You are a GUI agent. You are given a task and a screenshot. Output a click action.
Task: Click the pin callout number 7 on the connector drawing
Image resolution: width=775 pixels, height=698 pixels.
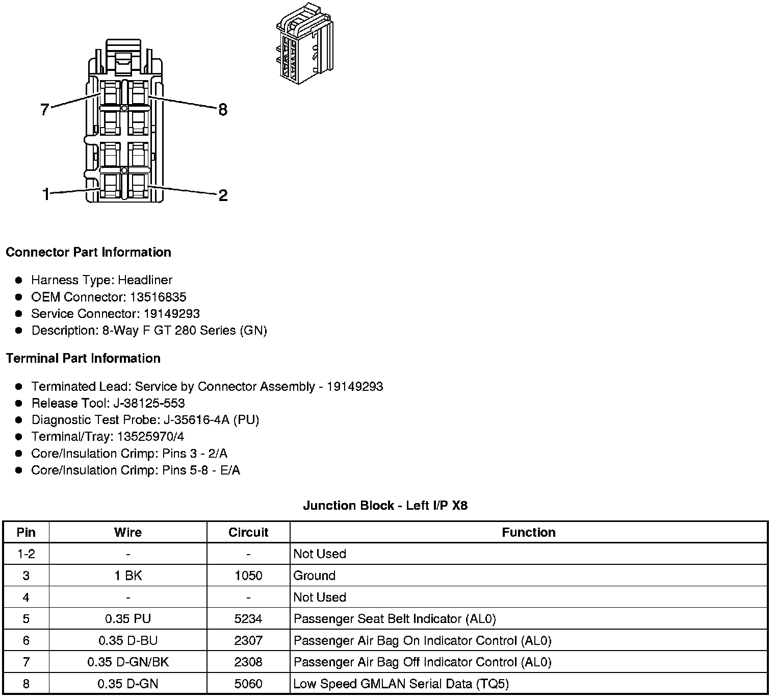[x=45, y=109]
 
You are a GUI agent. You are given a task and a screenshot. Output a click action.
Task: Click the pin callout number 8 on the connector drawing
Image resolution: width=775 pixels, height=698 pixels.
[x=223, y=109]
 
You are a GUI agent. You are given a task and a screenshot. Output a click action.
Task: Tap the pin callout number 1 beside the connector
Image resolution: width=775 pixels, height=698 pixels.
[x=46, y=194]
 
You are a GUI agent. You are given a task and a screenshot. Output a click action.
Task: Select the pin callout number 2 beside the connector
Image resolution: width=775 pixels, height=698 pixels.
[x=223, y=195]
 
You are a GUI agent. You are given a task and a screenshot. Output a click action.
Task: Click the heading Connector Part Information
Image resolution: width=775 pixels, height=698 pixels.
[x=88, y=252]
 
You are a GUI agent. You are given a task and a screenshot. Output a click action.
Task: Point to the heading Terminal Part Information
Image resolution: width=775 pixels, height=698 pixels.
[x=83, y=358]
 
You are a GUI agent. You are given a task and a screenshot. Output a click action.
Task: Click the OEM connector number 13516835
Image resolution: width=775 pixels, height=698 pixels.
[x=158, y=297]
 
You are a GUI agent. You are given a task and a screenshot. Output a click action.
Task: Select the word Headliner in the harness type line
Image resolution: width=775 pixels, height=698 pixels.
[x=145, y=280]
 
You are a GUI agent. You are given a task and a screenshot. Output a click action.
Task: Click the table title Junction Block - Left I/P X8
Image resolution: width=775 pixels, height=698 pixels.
[x=385, y=506]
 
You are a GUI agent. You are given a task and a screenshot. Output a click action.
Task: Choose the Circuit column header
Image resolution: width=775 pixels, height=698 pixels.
[x=248, y=532]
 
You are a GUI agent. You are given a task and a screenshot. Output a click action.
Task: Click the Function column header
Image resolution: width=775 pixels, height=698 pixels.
[x=528, y=532]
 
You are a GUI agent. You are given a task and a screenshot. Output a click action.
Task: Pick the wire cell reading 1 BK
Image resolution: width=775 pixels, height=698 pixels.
[x=128, y=576]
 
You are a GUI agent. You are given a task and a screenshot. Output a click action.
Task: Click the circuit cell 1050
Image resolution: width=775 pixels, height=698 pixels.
[x=248, y=576]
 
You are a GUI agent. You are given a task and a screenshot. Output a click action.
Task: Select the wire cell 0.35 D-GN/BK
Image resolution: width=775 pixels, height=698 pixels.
[x=128, y=662]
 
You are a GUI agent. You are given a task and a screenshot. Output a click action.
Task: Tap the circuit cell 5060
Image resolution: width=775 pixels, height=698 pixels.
[x=248, y=684]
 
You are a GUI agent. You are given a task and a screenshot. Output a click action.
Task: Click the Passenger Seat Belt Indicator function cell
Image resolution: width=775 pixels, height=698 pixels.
[x=395, y=619]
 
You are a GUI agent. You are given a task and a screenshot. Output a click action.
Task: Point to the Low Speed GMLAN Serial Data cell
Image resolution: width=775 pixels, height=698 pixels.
[x=401, y=684]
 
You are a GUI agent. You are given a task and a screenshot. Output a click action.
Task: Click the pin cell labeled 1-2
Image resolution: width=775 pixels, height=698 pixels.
[x=26, y=554]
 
